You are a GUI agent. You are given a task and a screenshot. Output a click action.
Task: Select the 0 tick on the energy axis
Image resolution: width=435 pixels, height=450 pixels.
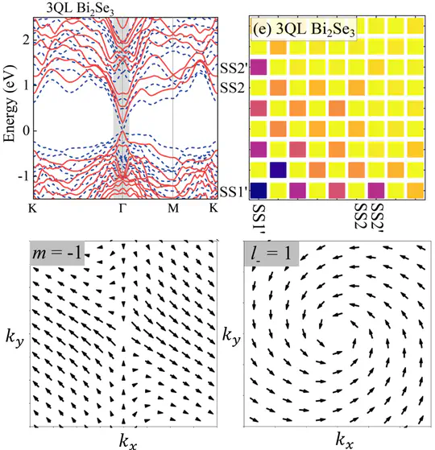tap(26, 130)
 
